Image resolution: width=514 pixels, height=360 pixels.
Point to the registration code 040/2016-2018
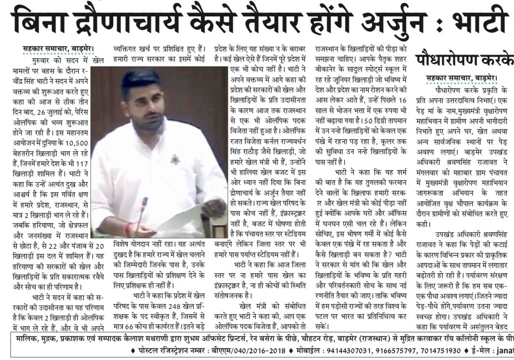pyautogui.click(x=247, y=350)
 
